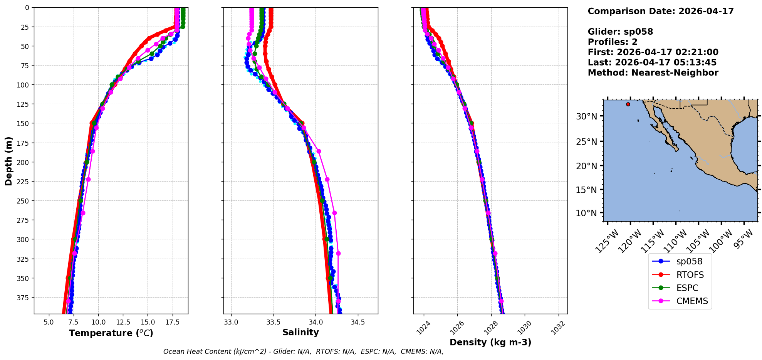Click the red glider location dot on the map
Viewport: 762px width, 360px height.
point(628,104)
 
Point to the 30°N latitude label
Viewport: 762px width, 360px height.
point(586,116)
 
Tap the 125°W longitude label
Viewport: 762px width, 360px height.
point(607,241)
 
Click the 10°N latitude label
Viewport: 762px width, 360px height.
point(586,213)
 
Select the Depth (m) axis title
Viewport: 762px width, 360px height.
point(8,161)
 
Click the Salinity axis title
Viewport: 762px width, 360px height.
point(300,332)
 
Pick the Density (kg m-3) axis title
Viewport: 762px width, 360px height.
point(490,342)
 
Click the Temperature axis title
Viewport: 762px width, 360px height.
point(111,333)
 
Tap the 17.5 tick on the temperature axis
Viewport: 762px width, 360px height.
point(172,322)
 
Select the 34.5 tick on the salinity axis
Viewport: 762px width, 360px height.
point(358,322)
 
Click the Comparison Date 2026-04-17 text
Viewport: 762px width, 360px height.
point(661,11)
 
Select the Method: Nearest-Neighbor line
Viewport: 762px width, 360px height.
point(653,73)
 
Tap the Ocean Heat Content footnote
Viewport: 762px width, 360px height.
point(303,352)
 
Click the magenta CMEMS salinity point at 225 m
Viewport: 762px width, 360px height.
point(327,179)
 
